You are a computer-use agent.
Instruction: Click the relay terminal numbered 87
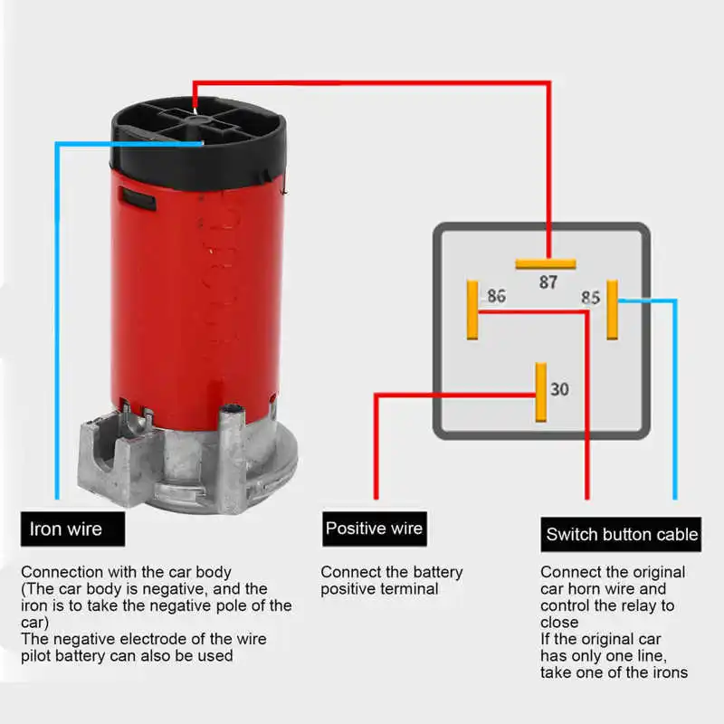pyautogui.click(x=548, y=281)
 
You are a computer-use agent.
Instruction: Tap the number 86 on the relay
pyautogui.click(x=497, y=296)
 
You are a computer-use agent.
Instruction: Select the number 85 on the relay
pyautogui.click(x=590, y=297)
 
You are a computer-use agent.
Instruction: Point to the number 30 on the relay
pyautogui.click(x=560, y=389)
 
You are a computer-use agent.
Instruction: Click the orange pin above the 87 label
pyautogui.click(x=546, y=264)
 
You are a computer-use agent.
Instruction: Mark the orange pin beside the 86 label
pyautogui.click(x=472, y=310)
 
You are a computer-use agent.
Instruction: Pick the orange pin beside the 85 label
pyautogui.click(x=613, y=310)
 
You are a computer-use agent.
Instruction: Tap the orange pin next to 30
pyautogui.click(x=541, y=392)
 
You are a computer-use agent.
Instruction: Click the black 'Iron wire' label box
pyautogui.click(x=72, y=529)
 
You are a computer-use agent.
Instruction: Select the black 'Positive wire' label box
pyautogui.click(x=374, y=528)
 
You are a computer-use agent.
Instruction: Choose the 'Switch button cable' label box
pyautogui.click(x=622, y=534)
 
